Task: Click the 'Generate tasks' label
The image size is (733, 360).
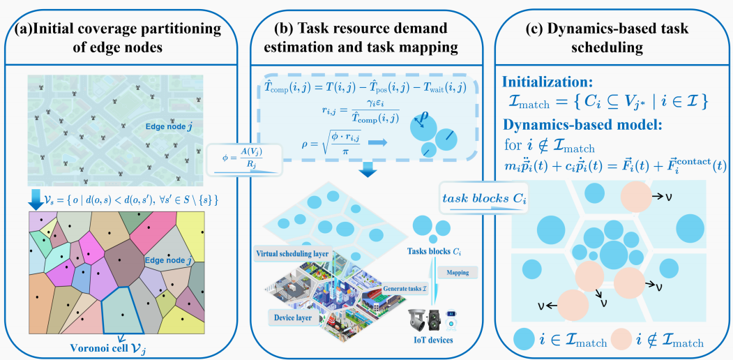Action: point(405,287)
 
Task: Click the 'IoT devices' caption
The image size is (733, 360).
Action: point(430,340)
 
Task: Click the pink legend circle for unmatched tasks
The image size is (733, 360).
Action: point(624,340)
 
